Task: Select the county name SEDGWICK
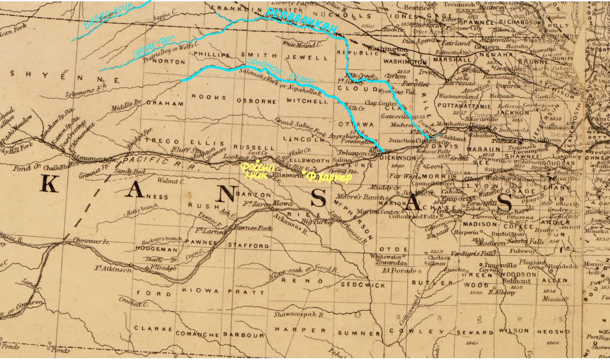click(363, 285)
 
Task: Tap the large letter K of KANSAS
click(49, 185)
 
